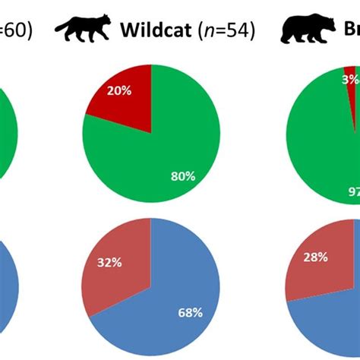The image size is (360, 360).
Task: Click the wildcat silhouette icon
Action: (x=83, y=30)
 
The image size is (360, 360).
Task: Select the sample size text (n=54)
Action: (x=226, y=31)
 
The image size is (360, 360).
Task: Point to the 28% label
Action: (x=313, y=257)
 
